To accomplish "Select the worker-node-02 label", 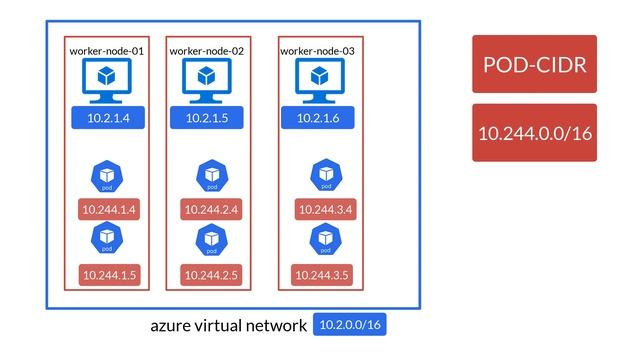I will (x=207, y=51).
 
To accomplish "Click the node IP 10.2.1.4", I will (x=108, y=118).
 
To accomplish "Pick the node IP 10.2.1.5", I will (x=209, y=118).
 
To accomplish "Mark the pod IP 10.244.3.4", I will (x=322, y=210).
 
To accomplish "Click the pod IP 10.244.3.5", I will (x=322, y=274).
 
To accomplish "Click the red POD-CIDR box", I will (x=534, y=65).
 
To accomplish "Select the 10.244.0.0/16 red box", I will (x=534, y=132).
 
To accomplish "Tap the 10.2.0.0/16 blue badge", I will (x=349, y=326).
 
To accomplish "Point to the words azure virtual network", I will (x=228, y=326).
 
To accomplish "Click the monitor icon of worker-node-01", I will (x=105, y=79).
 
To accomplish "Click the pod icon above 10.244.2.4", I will (x=212, y=176).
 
